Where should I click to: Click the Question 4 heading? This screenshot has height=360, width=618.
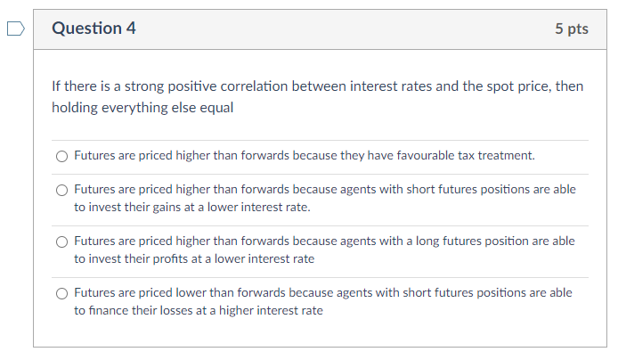pos(94,29)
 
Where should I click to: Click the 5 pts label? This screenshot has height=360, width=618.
pos(571,29)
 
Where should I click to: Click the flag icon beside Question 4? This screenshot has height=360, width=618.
pos(15,29)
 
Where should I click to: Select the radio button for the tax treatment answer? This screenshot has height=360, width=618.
pos(61,156)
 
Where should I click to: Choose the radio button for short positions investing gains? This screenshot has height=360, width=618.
pos(61,190)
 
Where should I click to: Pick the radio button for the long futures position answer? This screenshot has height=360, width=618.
pos(61,241)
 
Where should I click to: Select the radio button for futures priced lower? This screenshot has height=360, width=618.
pos(61,293)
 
